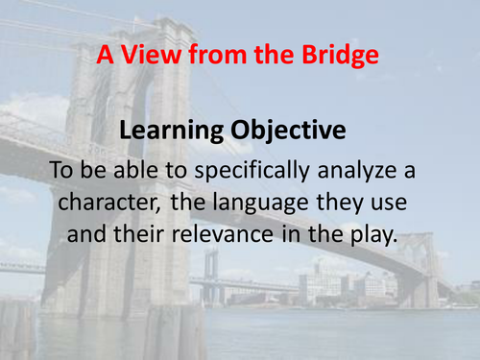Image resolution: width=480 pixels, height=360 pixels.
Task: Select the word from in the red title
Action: pyautogui.click(x=204, y=55)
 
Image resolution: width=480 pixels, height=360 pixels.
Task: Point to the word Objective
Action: pyautogui.click(x=282, y=132)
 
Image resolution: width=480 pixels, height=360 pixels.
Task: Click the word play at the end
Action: pyautogui.click(x=372, y=235)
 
